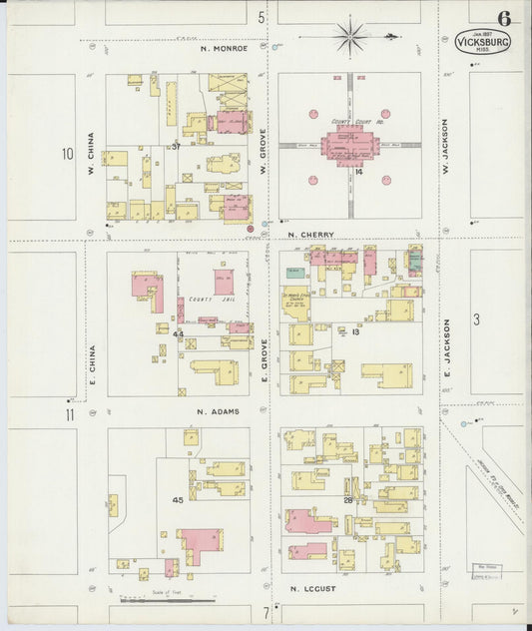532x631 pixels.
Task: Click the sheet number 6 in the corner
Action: pyautogui.click(x=504, y=18)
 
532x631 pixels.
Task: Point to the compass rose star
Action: pyautogui.click(x=350, y=37)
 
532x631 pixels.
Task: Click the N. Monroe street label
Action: pyautogui.click(x=223, y=48)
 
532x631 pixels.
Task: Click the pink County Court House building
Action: pyautogui.click(x=349, y=145)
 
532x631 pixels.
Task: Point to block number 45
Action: pyautogui.click(x=178, y=498)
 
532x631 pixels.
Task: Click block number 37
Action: pyautogui.click(x=175, y=147)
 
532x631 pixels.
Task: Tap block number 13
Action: pyautogui.click(x=354, y=331)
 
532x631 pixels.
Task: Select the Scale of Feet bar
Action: pyautogui.click(x=166, y=600)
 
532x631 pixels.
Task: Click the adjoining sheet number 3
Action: pyautogui.click(x=477, y=319)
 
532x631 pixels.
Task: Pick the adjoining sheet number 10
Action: pyautogui.click(x=67, y=154)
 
